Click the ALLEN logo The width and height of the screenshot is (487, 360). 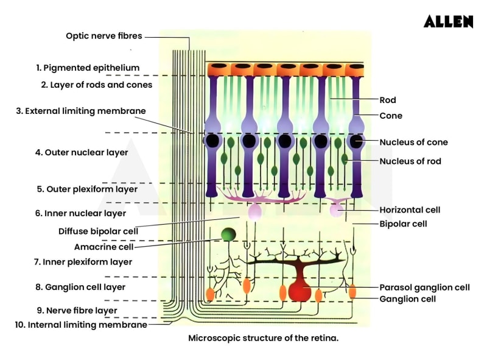tap(448, 22)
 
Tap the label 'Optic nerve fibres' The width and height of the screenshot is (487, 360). tap(103, 36)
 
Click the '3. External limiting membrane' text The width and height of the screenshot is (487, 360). tap(81, 111)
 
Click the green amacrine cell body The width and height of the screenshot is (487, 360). tap(228, 235)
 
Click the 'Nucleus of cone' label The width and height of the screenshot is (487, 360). tap(413, 143)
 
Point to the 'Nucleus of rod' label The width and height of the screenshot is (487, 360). tap(410, 161)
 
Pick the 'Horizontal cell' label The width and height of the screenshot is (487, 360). tap(409, 210)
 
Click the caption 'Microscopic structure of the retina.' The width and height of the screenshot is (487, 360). tap(263, 337)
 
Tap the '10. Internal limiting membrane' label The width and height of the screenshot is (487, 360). tap(81, 325)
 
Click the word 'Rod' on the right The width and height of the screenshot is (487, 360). tap(388, 100)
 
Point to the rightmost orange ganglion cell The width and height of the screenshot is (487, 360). tap(352, 291)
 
